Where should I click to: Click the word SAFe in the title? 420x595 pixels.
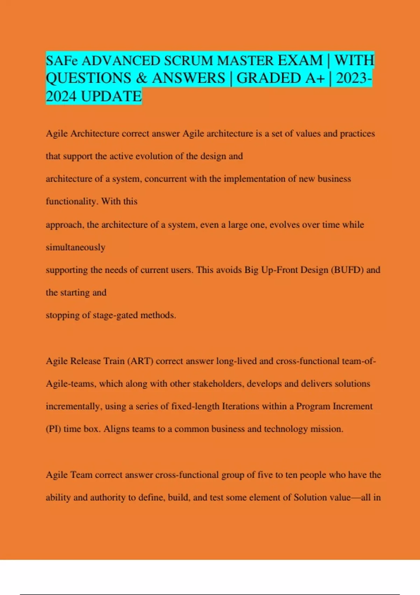[x=62, y=61]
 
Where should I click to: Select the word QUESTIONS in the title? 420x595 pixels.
[x=89, y=78]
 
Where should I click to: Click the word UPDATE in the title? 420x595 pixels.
[x=111, y=96]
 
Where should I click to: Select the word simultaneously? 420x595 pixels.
[x=76, y=247]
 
